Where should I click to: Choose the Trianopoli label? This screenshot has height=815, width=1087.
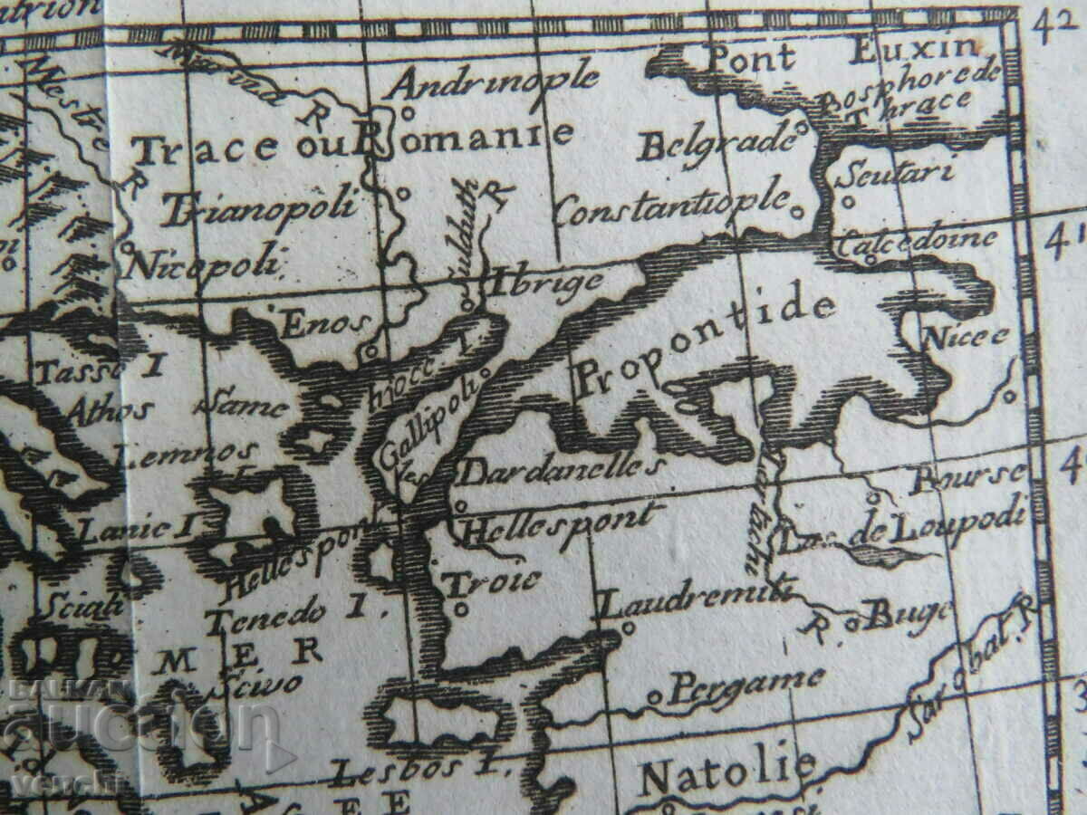(259, 207)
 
